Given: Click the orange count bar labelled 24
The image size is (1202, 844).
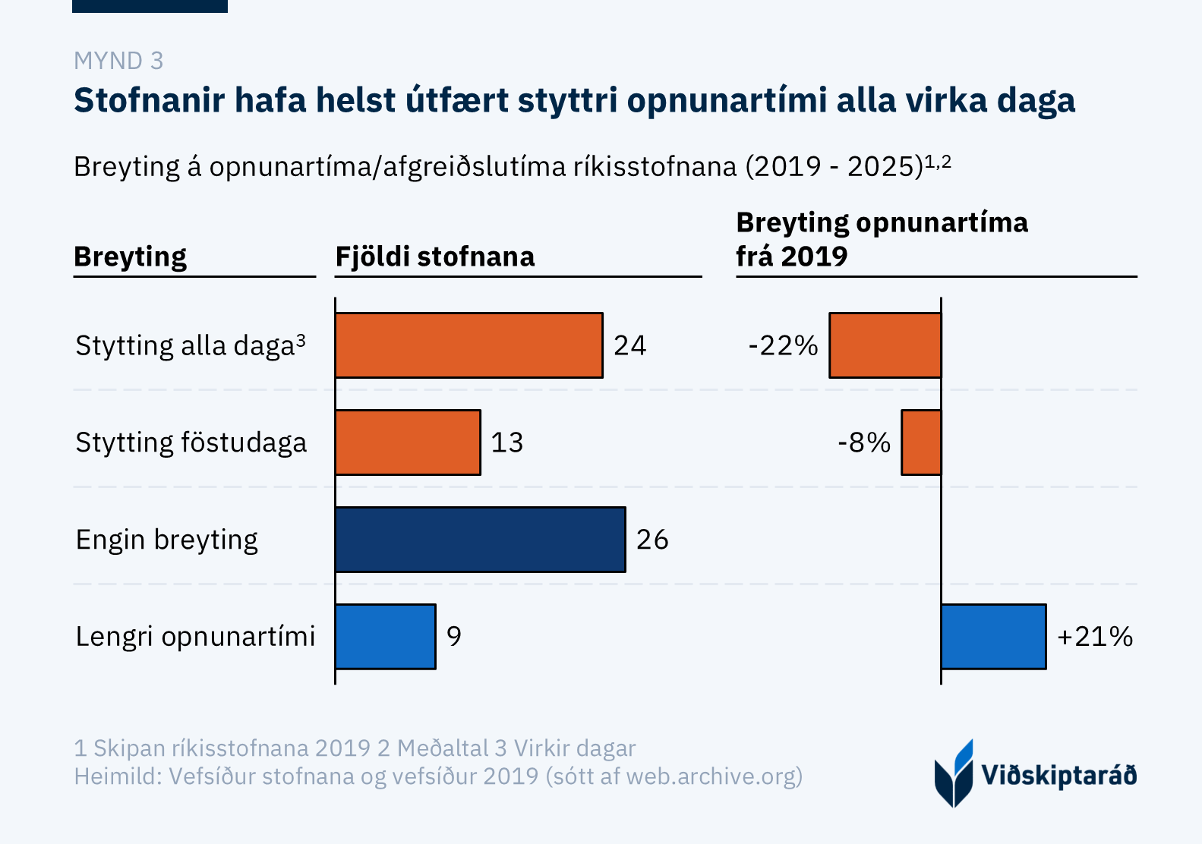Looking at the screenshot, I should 468,345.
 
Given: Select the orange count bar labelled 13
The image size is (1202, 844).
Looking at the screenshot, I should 408,442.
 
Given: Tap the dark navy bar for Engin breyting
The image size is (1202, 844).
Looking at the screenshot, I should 480,540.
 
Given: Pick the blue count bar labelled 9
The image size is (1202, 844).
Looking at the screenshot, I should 386,636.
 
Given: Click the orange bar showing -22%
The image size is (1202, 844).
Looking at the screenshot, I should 885,345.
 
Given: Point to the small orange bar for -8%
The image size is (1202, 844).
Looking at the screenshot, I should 921,442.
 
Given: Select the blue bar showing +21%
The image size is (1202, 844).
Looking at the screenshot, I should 993,636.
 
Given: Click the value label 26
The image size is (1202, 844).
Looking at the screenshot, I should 652,540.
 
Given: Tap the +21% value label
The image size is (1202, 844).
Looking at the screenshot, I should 1094,636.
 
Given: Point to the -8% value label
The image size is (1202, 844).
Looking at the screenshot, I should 864,442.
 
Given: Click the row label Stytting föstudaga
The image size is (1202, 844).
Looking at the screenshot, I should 191,442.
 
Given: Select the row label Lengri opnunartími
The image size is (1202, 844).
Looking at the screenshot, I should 195,636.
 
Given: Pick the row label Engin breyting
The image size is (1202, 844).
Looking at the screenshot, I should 167,540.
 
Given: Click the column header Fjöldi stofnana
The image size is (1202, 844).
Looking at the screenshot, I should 435,257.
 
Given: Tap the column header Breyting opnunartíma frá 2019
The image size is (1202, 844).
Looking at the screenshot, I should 882,239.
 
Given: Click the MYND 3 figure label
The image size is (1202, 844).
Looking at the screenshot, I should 118,61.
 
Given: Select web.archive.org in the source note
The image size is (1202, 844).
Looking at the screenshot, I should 711,776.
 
